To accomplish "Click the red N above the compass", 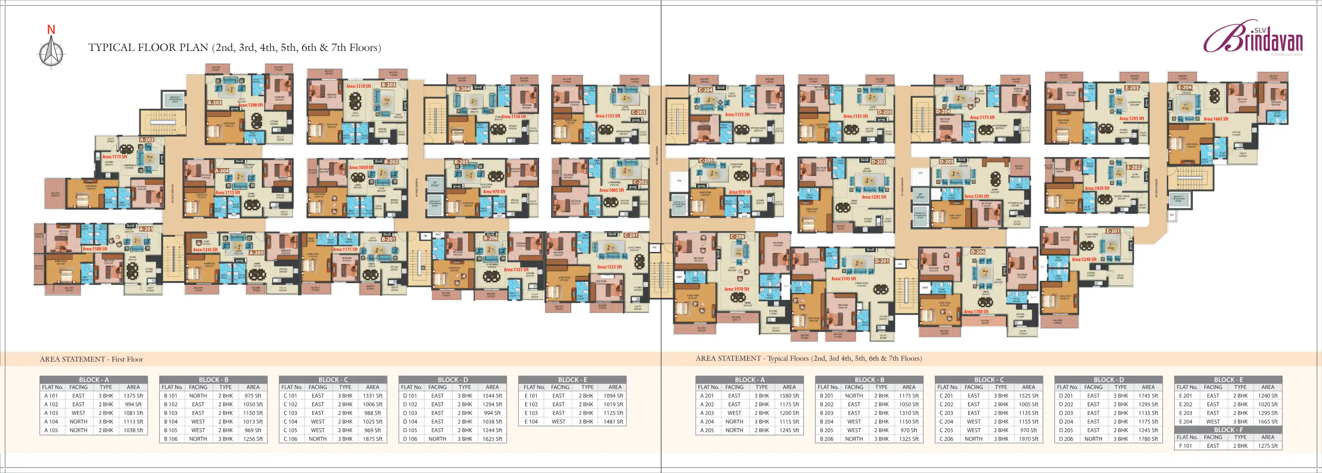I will click(x=51, y=30).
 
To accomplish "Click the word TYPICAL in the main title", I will click(x=106, y=48).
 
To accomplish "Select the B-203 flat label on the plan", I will click(x=388, y=85).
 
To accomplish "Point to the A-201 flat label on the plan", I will click(x=146, y=229).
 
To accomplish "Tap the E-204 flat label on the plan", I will click(x=1185, y=87).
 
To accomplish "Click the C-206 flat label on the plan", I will click(x=737, y=236).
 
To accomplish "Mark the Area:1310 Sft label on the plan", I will click(x=358, y=86).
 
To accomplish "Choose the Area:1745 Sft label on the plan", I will click(x=844, y=279).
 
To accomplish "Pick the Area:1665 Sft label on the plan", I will click(x=1216, y=119).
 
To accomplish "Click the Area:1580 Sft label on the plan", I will click(x=95, y=249).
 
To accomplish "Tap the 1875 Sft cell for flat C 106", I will click(x=372, y=439).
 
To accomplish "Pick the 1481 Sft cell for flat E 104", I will click(x=613, y=422).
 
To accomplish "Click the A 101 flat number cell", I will click(x=51, y=396).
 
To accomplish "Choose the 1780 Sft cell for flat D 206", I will click(x=1148, y=439).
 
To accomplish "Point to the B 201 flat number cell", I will click(x=826, y=396).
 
